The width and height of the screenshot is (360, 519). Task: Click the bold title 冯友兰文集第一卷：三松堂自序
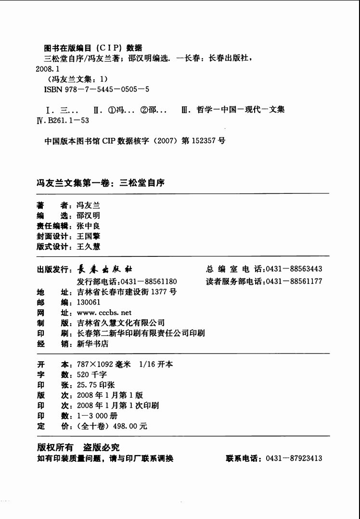click(x=101, y=183)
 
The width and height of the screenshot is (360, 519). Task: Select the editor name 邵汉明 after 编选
click(x=88, y=215)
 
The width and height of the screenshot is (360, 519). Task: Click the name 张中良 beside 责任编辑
click(x=88, y=226)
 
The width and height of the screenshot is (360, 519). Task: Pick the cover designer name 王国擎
click(x=88, y=236)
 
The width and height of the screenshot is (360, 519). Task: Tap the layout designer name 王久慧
click(x=88, y=246)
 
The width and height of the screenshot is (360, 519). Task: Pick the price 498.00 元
click(x=130, y=426)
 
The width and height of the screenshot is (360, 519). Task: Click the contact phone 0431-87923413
click(x=294, y=458)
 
